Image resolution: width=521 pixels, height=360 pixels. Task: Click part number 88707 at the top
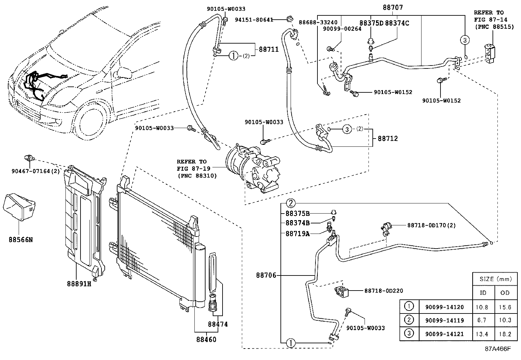(393, 7)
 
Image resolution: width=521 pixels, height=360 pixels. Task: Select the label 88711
(269, 49)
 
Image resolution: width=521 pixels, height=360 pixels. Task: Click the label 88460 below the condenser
(206, 340)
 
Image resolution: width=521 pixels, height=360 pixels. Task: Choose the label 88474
(218, 324)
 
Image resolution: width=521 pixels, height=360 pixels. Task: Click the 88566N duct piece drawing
(19, 206)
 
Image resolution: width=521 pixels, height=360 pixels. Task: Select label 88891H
(79, 284)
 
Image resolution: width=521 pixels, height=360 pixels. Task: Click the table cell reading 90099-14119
(444, 320)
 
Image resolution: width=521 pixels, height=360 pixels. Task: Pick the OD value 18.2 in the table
(505, 334)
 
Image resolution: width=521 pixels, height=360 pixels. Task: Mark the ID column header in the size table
(483, 293)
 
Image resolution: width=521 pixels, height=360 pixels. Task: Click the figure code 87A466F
(497, 349)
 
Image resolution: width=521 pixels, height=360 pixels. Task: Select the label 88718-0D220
(384, 291)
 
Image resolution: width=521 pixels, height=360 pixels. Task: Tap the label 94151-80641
(254, 20)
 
